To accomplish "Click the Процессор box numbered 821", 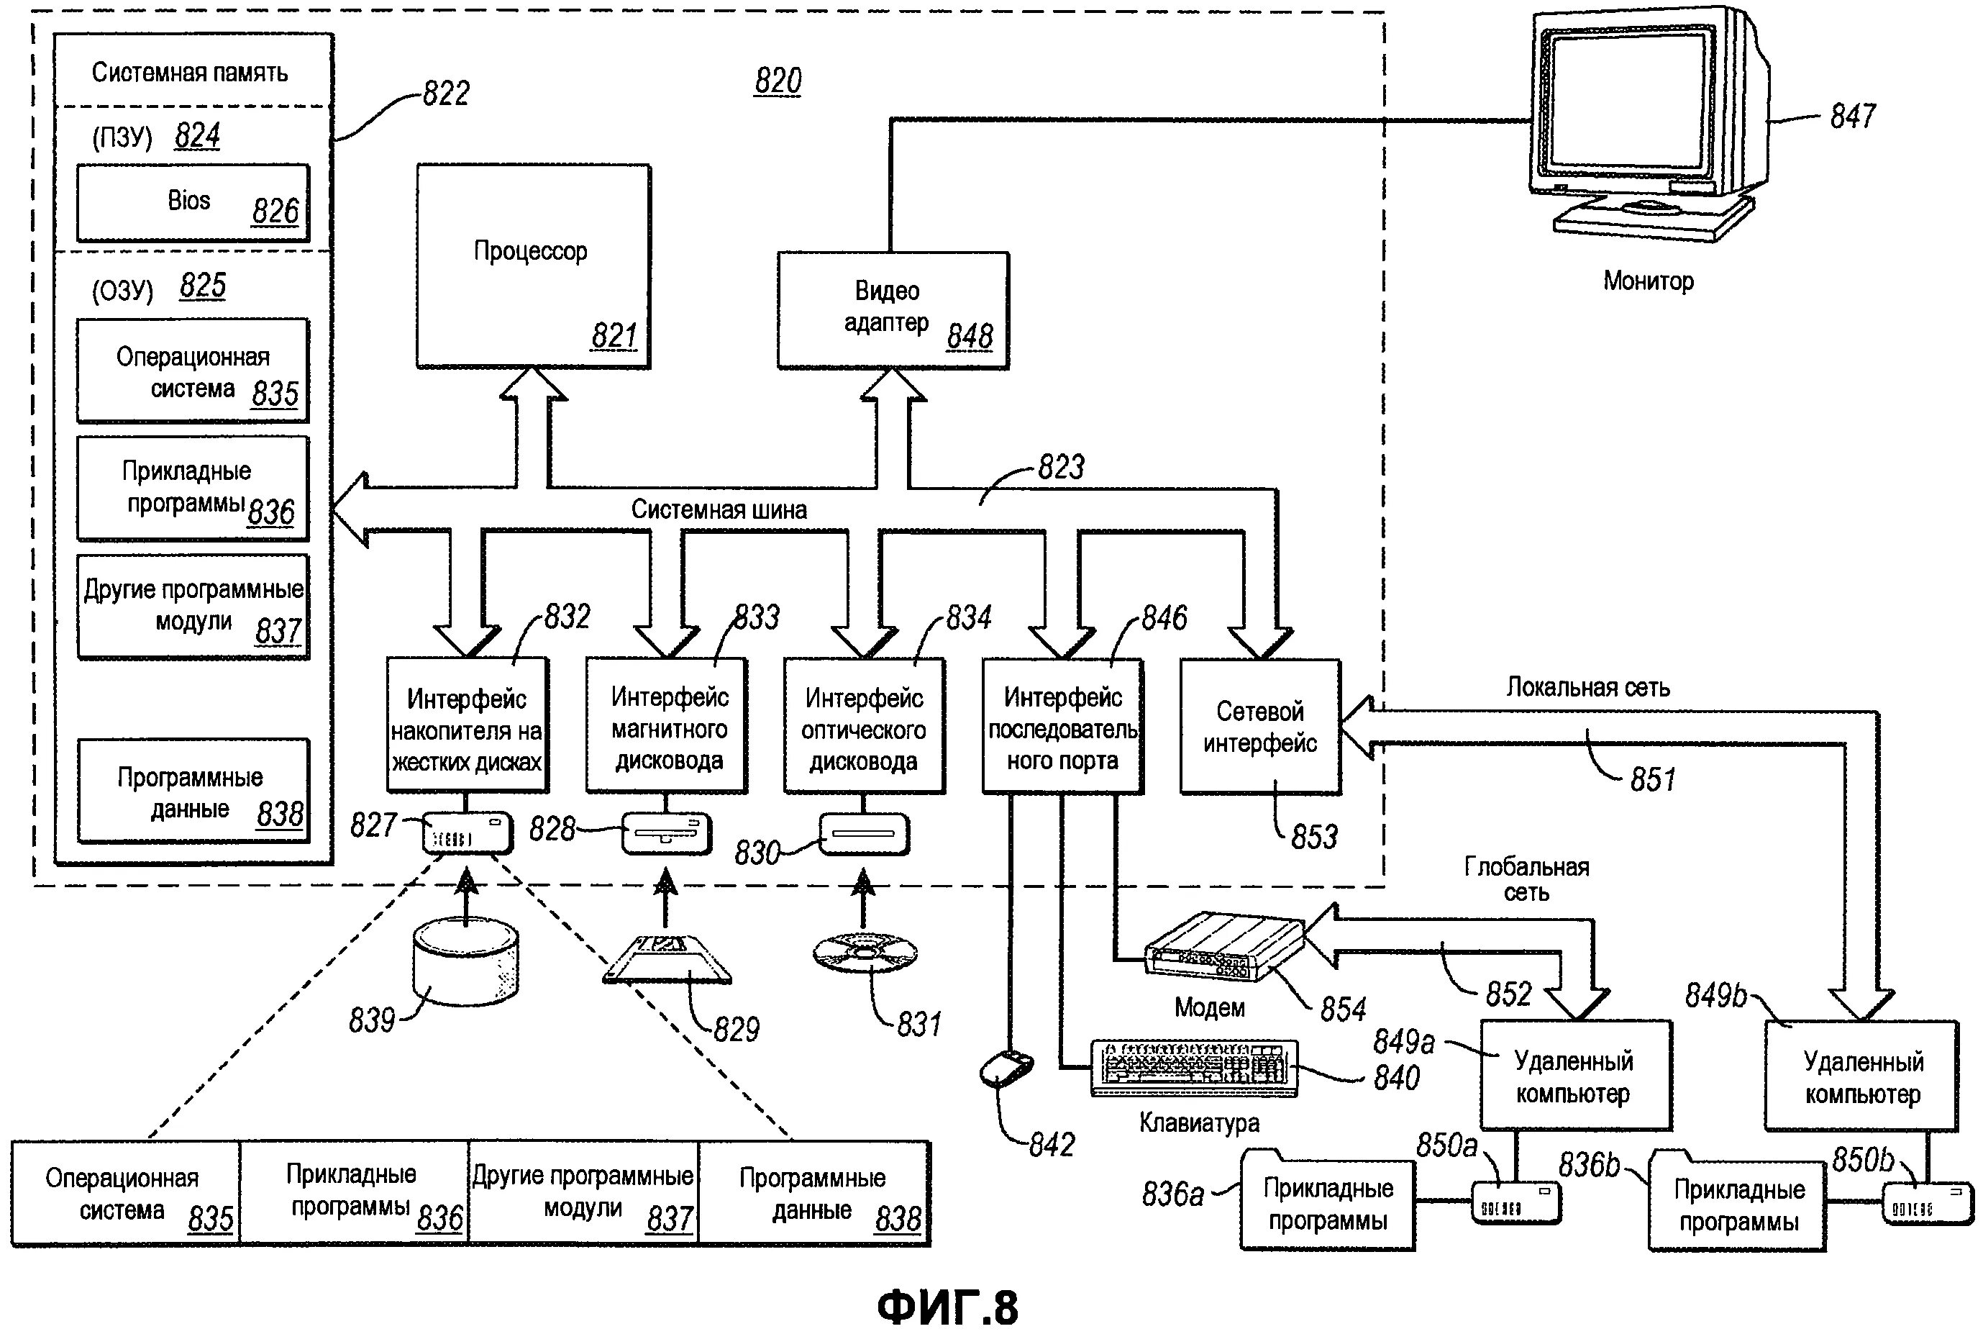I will (533, 266).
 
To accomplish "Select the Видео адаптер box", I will (893, 309).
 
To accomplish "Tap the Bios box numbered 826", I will (193, 202).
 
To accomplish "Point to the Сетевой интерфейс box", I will (1260, 727).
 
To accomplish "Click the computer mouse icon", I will (1006, 1068).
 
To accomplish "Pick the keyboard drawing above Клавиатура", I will (1194, 1068).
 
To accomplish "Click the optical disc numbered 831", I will (864, 952).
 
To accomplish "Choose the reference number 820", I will (778, 81).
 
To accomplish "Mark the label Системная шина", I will (719, 509).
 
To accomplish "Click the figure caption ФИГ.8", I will (947, 1307).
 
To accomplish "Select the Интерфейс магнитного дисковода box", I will (667, 727).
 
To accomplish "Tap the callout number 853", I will (1314, 837).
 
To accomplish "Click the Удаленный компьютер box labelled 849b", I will (1861, 1076).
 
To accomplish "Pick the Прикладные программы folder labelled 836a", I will (1326, 1204).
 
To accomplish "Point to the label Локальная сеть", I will (1587, 687).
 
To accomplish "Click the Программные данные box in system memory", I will (193, 791).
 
